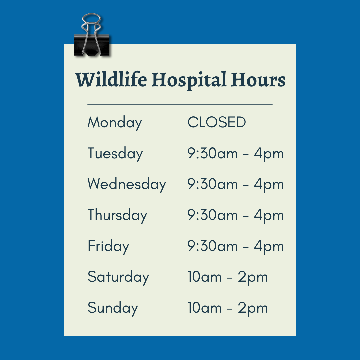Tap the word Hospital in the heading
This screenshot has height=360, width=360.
pos(189,80)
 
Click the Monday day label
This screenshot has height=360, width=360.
pos(115,123)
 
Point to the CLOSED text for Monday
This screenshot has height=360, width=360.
pos(217,122)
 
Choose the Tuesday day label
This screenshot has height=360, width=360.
pos(115,154)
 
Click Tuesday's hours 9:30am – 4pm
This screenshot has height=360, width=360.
pos(236,154)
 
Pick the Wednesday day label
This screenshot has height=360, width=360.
pos(127,184)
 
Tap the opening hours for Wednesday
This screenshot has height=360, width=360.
pos(236,184)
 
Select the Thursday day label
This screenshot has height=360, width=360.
pos(117,215)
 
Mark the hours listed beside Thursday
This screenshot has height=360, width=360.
pos(236,215)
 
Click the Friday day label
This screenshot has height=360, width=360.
pos(108,246)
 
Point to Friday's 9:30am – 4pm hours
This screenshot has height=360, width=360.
pos(236,246)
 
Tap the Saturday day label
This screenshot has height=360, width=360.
pos(118,277)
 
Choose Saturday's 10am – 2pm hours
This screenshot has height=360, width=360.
pos(228,277)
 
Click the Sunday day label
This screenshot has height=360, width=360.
pos(113,308)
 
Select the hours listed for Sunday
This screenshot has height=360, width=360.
pos(228,308)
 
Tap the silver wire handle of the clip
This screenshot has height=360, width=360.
pos(91,18)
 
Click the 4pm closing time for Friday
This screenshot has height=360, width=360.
pos(269,247)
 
